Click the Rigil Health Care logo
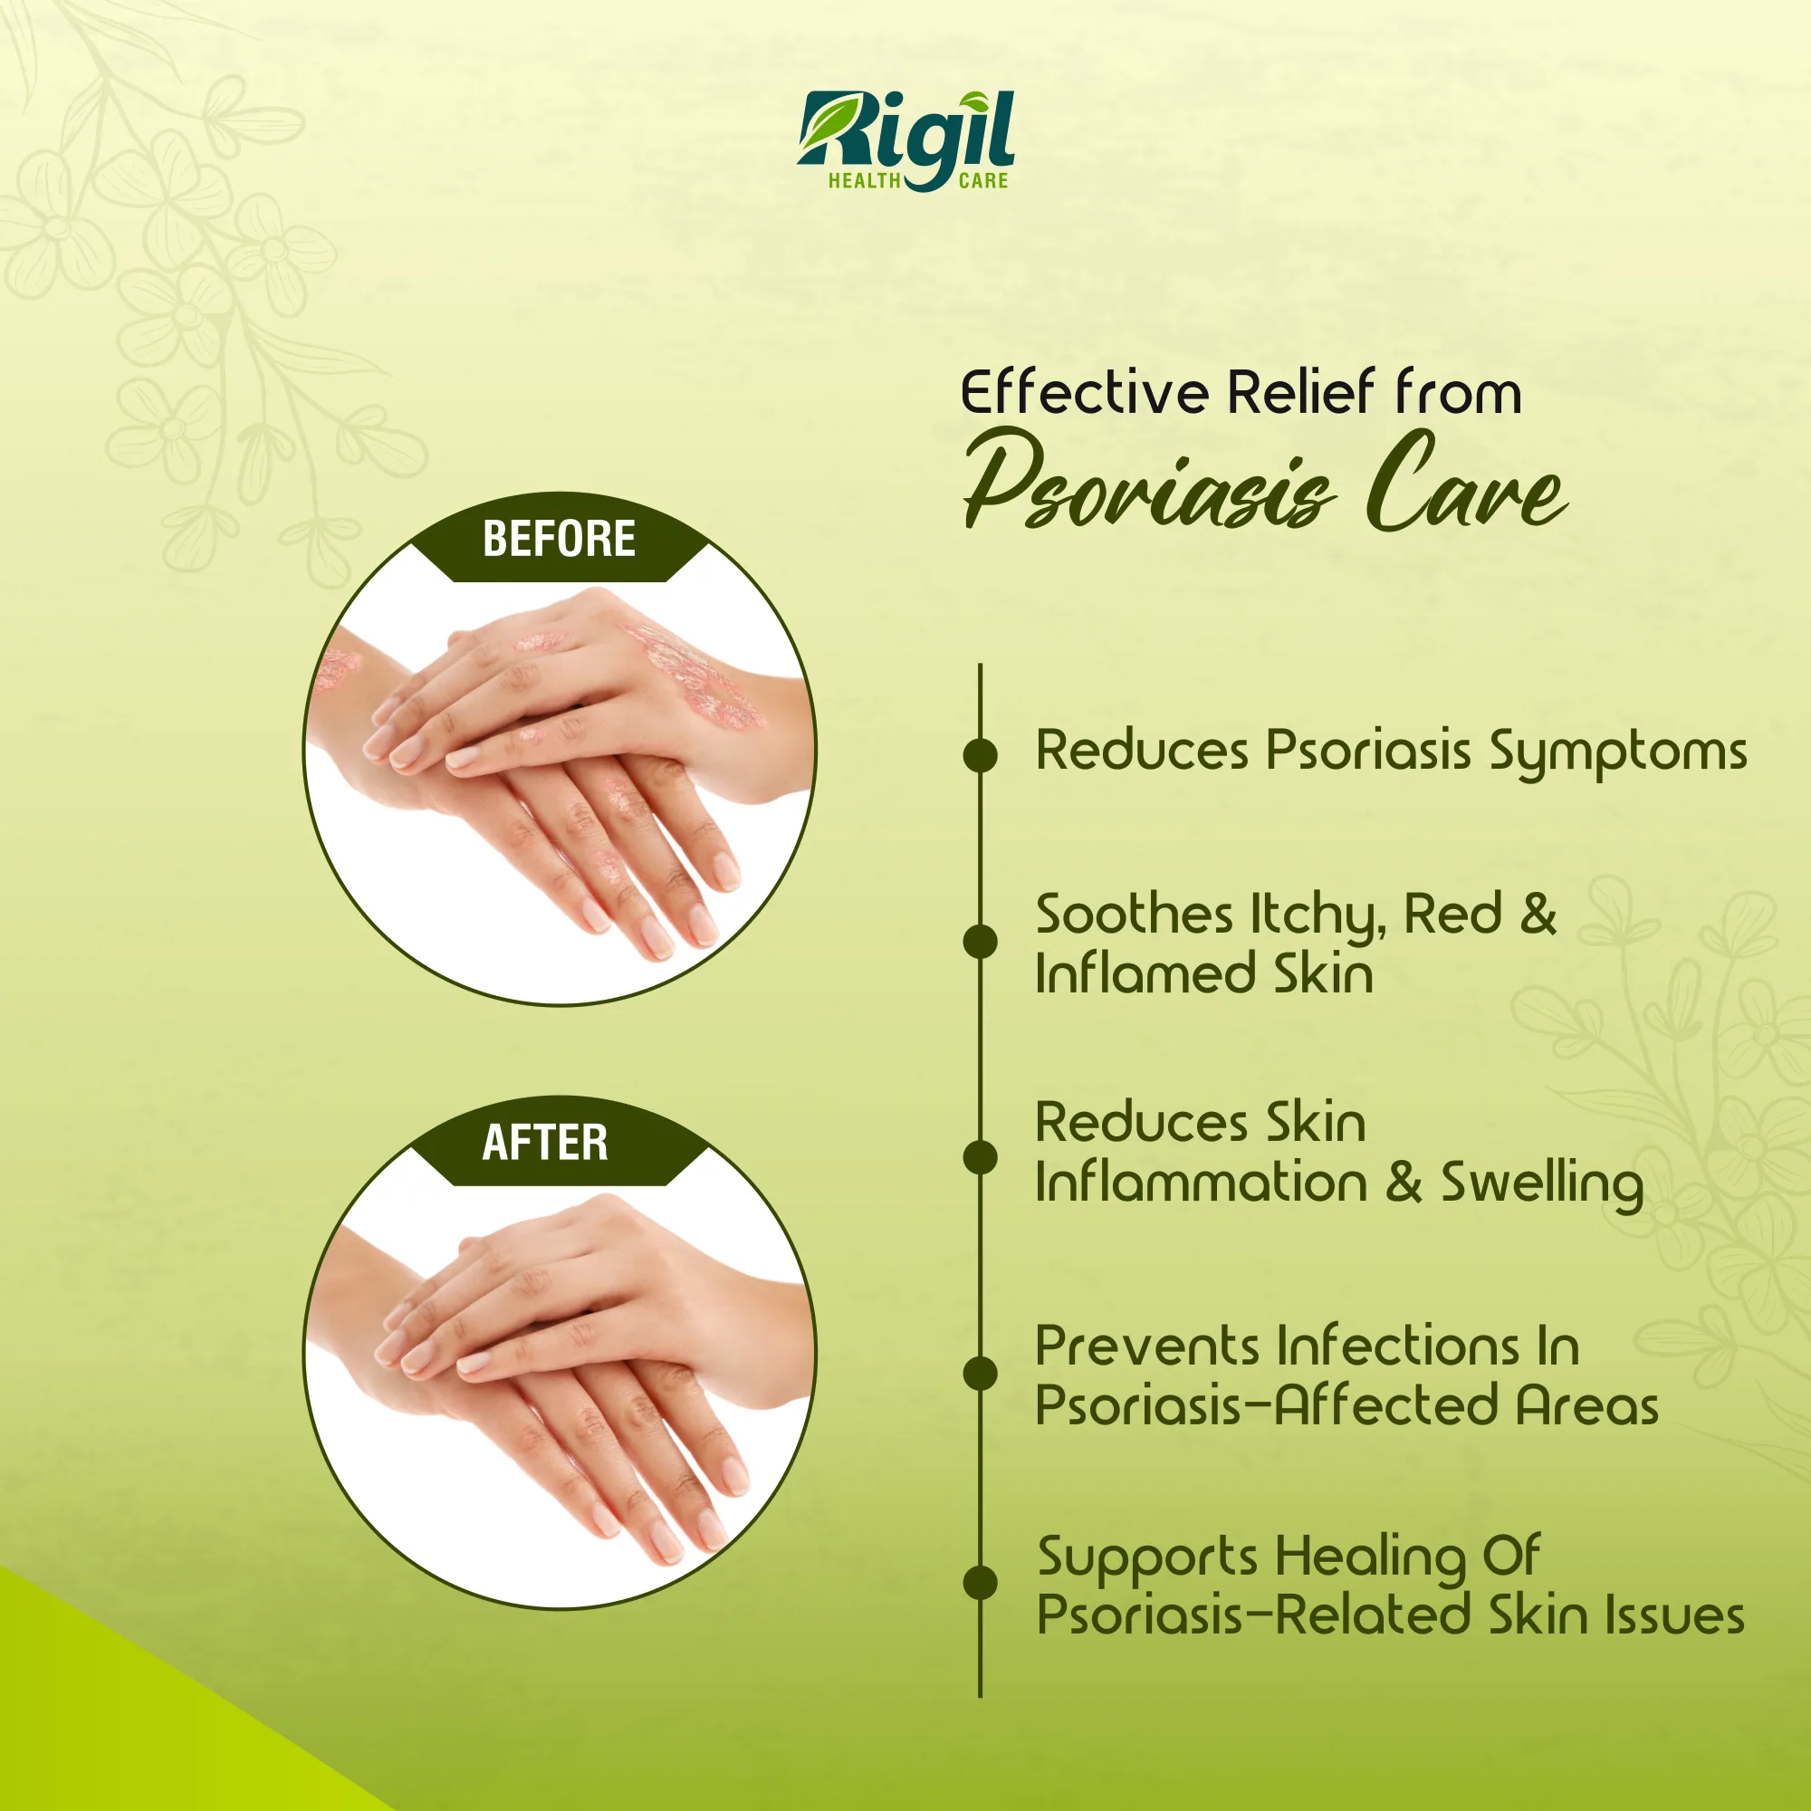(x=906, y=140)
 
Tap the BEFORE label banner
(x=560, y=539)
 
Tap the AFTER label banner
(x=560, y=1142)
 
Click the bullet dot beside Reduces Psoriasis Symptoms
(x=981, y=754)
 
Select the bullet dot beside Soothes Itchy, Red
(x=981, y=941)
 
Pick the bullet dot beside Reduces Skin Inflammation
(x=981, y=1156)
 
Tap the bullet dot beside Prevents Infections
(x=981, y=1373)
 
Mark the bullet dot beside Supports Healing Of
(x=981, y=1582)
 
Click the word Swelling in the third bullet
(x=1542, y=1184)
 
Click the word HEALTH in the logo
(x=864, y=181)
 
